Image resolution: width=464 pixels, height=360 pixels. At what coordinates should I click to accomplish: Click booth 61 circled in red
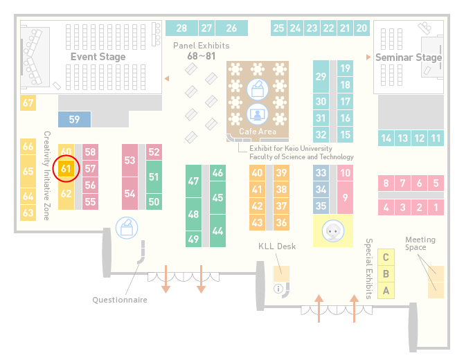pyautogui.click(x=66, y=169)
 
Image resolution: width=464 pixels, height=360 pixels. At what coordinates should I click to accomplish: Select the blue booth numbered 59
pyautogui.click(x=74, y=119)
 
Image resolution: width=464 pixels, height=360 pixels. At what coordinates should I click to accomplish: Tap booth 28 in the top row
pyautogui.click(x=181, y=28)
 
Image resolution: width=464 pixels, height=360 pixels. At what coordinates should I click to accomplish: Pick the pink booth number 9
pyautogui.click(x=345, y=197)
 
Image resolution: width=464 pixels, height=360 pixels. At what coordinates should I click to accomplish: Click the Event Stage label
pyautogui.click(x=98, y=57)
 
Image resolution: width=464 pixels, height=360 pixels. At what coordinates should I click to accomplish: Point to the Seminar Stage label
pyautogui.click(x=409, y=57)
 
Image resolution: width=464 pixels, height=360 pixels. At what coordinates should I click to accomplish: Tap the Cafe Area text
pyautogui.click(x=258, y=132)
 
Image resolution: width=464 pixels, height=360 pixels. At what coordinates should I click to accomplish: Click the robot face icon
pyautogui.click(x=333, y=231)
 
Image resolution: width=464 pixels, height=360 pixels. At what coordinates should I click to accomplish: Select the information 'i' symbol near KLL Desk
pyautogui.click(x=278, y=289)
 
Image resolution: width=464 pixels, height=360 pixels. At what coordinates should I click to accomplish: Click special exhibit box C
pyautogui.click(x=386, y=257)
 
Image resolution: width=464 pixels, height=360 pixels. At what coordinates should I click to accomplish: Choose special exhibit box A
pyautogui.click(x=386, y=291)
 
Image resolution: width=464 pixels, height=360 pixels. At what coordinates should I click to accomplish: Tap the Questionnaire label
pyautogui.click(x=120, y=300)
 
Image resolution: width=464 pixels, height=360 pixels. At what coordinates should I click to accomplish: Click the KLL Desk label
pyautogui.click(x=277, y=246)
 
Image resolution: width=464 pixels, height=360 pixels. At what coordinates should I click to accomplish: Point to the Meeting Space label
pyautogui.click(x=420, y=243)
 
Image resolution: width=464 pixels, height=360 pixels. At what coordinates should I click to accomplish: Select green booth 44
pyautogui.click(x=217, y=231)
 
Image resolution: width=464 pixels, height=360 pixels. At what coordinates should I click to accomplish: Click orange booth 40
pyautogui.click(x=257, y=172)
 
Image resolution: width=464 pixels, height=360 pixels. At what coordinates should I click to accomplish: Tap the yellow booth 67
pyautogui.click(x=28, y=102)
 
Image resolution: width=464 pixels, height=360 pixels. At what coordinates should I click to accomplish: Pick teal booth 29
pyautogui.click(x=321, y=77)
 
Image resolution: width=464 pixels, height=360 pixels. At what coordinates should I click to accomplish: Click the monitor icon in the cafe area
pyautogui.click(x=258, y=114)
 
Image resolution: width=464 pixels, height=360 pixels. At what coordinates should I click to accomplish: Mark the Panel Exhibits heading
pyautogui.click(x=202, y=46)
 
